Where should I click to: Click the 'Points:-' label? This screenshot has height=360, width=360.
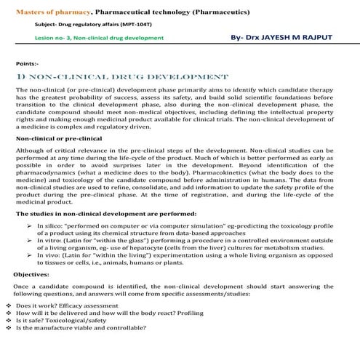(x=27, y=63)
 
